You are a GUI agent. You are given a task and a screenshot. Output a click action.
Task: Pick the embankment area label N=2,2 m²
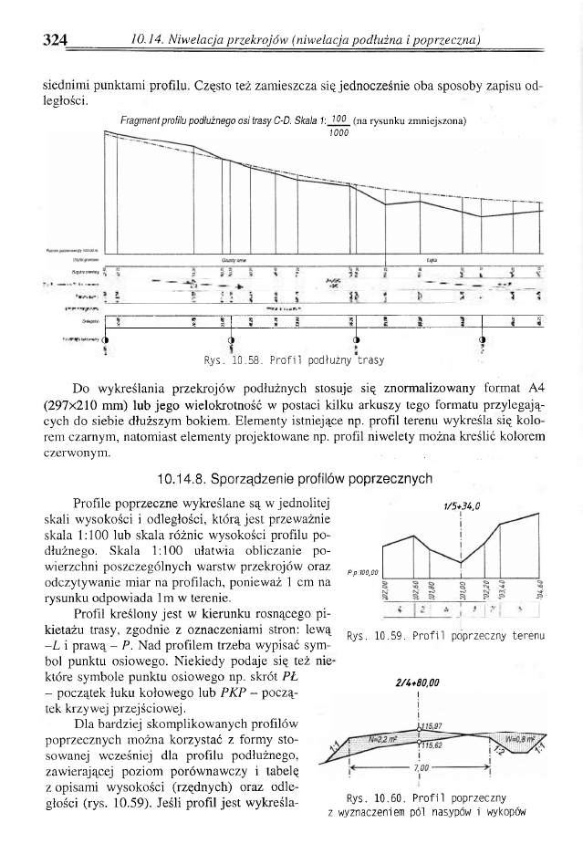click(x=386, y=736)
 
